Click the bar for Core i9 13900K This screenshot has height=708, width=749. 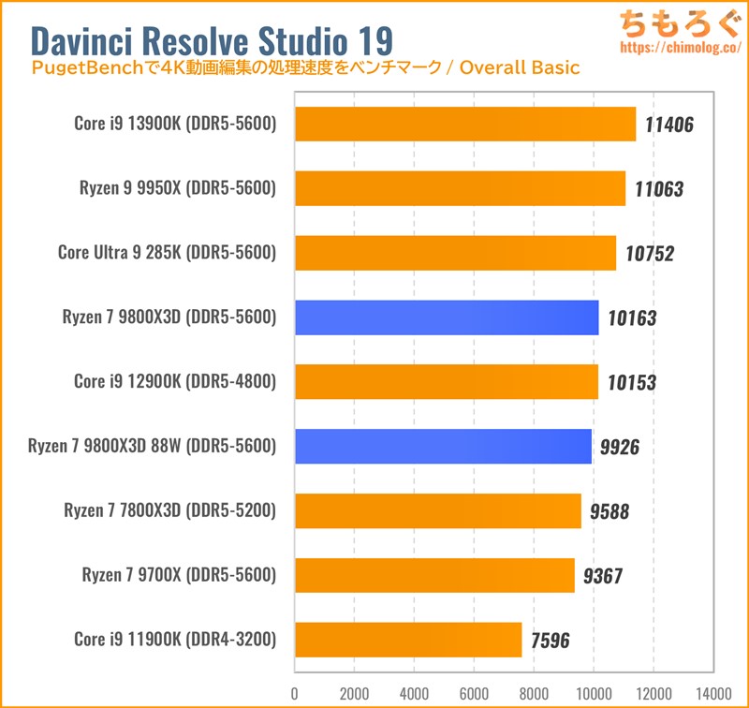pos(465,124)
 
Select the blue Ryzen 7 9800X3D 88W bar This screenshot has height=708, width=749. pos(443,447)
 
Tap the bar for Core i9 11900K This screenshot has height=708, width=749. pos(408,641)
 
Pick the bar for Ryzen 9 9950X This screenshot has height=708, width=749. pos(460,188)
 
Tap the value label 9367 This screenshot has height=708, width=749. pos(601,577)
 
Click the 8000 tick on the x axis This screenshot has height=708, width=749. pos(533,694)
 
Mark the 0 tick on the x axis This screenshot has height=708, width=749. pos(295,694)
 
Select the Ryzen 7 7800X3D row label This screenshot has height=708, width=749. pos(169,511)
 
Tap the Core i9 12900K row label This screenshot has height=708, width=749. pos(174,382)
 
